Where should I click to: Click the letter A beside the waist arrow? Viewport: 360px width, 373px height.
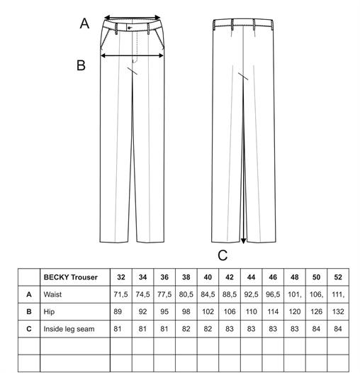[x=84, y=23]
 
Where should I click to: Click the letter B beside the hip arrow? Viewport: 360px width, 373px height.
[x=81, y=65]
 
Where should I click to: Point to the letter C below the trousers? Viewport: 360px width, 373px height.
[x=223, y=255]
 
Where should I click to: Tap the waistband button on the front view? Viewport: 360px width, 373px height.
[x=129, y=28]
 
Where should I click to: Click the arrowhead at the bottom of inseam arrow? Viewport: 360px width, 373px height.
[x=243, y=241]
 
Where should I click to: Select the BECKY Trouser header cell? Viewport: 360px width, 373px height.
[x=71, y=277]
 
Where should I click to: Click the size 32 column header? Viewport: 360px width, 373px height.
[x=121, y=277]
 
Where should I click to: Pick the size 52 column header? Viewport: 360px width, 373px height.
[x=338, y=277]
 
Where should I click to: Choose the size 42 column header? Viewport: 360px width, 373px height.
[x=230, y=277]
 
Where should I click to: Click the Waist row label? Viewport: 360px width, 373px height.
[x=52, y=294]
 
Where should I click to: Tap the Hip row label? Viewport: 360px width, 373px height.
[x=49, y=311]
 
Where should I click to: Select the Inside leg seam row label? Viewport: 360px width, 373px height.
[x=69, y=329]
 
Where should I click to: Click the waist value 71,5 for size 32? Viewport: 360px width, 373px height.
[x=120, y=294]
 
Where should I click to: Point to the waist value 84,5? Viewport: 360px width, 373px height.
[x=208, y=294]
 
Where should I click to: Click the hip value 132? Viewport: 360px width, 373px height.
[x=338, y=311]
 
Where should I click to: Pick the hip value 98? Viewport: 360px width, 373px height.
[x=186, y=311]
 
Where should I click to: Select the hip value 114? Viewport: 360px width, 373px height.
[x=273, y=311]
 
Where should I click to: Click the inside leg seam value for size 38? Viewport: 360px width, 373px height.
[x=186, y=329]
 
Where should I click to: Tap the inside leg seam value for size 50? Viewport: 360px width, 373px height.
[x=316, y=329]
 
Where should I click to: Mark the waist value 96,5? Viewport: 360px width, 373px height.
[x=273, y=294]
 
